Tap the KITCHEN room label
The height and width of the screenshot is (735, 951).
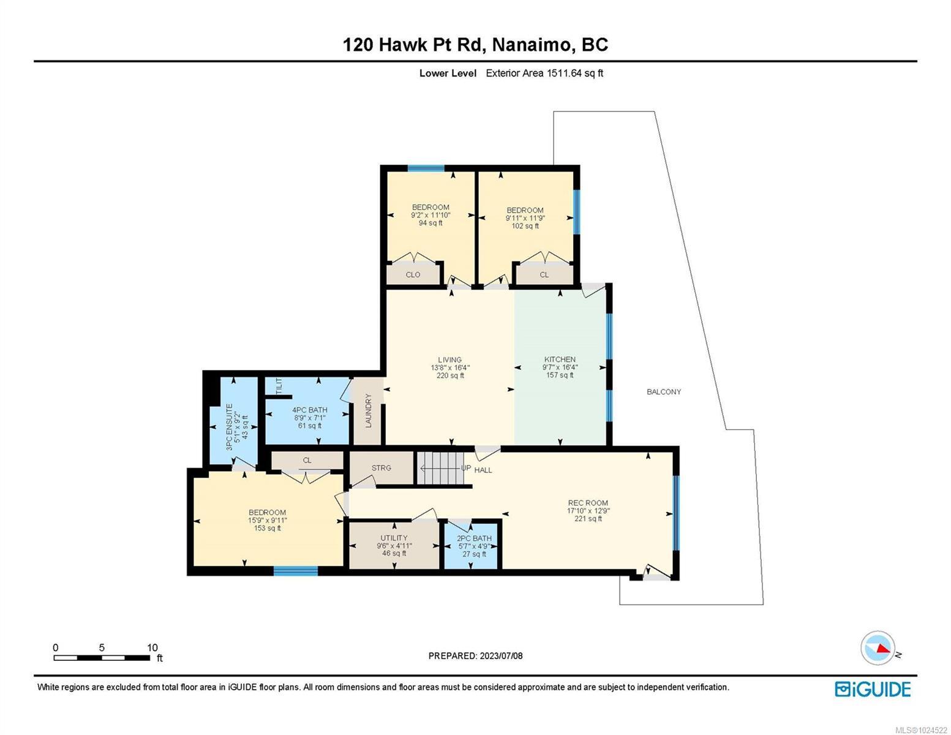pos(560,360)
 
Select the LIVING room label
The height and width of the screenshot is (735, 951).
pos(449,360)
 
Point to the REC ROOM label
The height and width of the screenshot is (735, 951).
pos(587,503)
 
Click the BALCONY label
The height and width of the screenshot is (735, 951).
pos(664,392)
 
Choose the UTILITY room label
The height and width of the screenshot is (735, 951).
pos(394,538)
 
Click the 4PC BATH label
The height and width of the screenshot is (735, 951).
pos(309,410)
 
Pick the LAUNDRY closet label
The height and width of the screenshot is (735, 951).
pos(369,411)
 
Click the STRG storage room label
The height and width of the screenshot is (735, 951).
pos(381,468)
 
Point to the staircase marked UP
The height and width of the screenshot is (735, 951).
pos(438,469)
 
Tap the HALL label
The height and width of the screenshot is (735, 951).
pos(483,470)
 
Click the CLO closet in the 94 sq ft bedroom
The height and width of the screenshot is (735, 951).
pos(413,275)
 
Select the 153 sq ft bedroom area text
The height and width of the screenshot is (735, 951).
pos(268,528)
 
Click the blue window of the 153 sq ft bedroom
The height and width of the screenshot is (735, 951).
pos(295,571)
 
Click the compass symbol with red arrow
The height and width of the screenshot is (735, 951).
pos(878,648)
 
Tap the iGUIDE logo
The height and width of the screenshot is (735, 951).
pos(873,689)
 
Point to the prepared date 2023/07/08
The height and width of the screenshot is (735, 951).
pos(475,656)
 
